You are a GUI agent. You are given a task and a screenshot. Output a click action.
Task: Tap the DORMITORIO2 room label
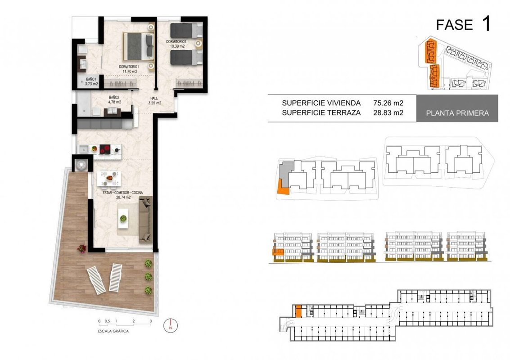pos(176,42)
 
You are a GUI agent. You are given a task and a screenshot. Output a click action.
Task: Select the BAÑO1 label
pos(91,79)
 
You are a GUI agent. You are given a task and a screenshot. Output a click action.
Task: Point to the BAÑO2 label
pos(114,97)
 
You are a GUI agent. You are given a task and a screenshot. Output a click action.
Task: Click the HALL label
pos(154,98)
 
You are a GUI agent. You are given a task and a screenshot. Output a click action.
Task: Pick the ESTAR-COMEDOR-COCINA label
pos(122,193)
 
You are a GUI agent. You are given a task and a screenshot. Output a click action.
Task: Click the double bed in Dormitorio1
pos(139,46)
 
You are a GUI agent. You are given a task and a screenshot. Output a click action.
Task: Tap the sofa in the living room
pos(145,219)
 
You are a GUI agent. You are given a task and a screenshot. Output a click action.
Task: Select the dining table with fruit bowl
pos(109,178)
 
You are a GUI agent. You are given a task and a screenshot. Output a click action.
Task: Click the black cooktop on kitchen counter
pos(105,149)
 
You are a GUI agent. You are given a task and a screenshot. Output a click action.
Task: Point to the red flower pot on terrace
pos(82,248)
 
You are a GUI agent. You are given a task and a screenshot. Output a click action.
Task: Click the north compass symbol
pos(171,325)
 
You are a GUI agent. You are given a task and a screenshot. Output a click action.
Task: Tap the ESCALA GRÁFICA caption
pos(113,331)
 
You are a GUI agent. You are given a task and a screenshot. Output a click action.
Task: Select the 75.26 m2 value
pos(388,103)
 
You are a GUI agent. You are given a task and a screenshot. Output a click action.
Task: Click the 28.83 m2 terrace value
pos(388,113)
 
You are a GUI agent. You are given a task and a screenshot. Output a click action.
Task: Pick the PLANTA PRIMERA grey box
pos(457,108)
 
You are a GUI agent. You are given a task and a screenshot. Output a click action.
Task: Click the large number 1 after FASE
pos(487,24)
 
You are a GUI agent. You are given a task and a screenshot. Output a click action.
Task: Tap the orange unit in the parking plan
pos(298,311)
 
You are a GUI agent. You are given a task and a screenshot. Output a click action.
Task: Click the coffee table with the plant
pos(123,219)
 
